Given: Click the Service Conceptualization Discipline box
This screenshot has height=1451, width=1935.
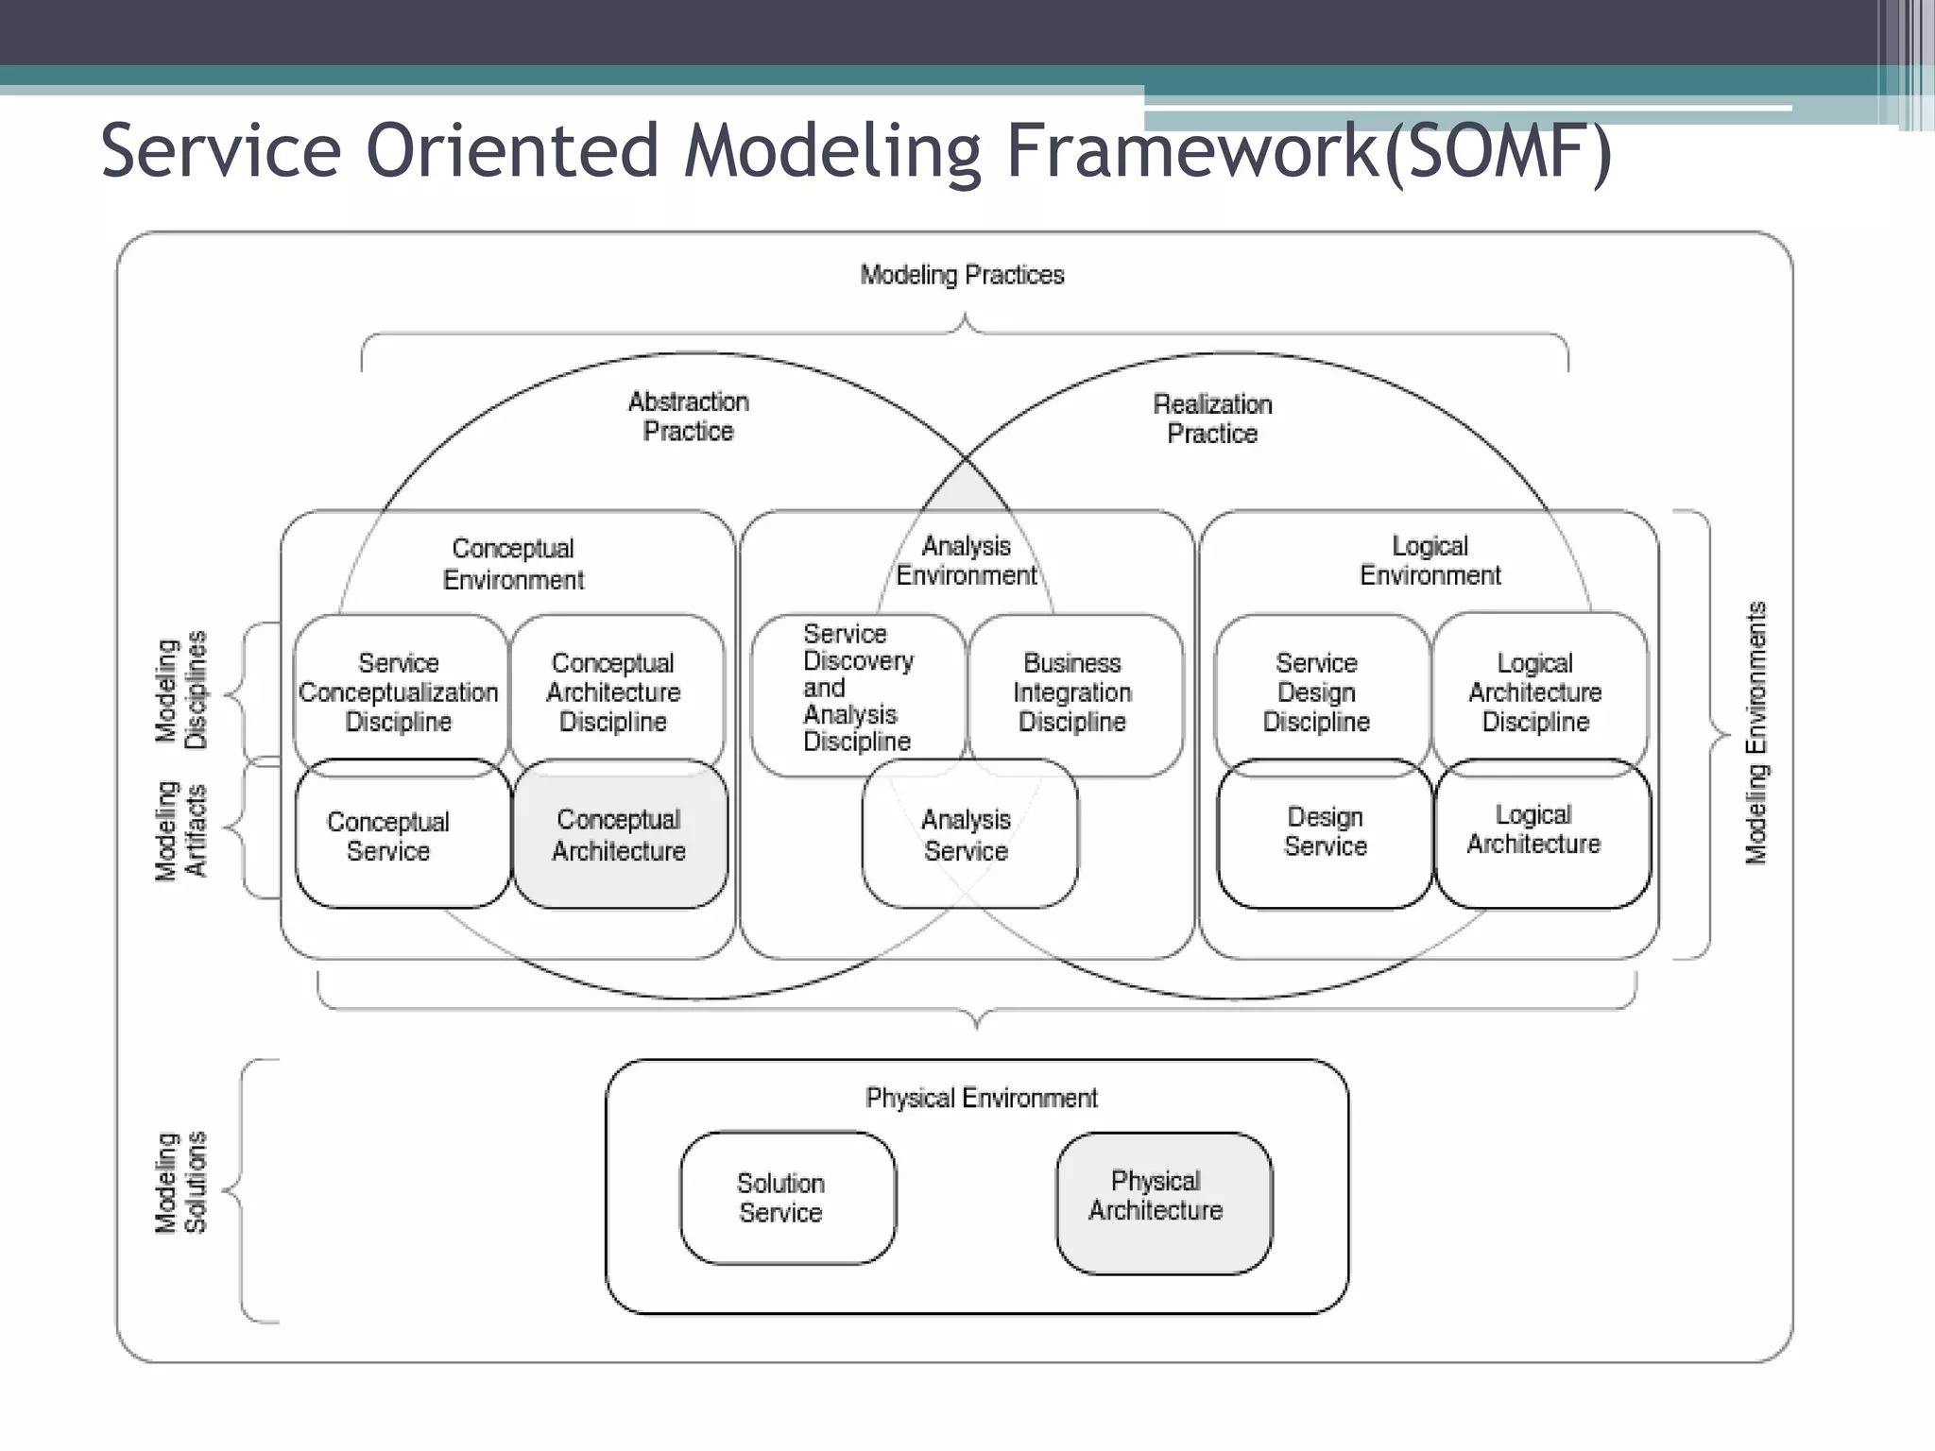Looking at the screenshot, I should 399,692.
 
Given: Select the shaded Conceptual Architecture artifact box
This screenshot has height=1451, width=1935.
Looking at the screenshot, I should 620,835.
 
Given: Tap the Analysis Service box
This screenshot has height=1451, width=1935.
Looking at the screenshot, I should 967,835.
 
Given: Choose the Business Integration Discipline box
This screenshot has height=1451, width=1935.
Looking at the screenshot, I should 1073,692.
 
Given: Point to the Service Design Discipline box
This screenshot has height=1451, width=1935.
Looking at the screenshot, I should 1317,692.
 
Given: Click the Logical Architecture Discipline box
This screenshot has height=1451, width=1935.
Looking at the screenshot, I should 1536,692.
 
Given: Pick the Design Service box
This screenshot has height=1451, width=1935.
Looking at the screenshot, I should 1325,832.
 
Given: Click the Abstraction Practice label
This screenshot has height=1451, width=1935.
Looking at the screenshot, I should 689,417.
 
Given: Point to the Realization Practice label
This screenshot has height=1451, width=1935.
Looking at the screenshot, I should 1213,419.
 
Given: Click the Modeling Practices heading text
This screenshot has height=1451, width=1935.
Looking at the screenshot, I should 962,275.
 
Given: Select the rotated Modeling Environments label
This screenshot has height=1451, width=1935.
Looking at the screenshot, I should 1755,733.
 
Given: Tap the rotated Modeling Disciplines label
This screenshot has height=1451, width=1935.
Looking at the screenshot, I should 180,691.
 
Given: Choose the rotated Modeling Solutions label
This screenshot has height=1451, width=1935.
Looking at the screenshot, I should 180,1183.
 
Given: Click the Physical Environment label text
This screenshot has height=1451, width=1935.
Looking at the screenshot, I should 981,1099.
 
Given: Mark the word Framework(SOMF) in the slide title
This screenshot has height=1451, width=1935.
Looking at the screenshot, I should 1309,151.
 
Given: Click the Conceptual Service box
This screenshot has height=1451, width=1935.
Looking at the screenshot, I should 389,836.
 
